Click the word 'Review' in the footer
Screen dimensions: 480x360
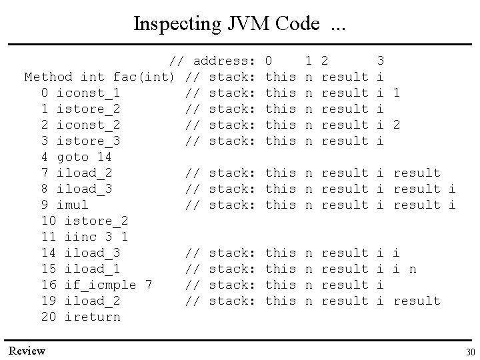[27, 351]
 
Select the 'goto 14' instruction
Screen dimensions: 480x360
[88, 157]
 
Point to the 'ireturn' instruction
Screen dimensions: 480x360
[92, 317]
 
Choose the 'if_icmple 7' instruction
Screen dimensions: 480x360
[108, 285]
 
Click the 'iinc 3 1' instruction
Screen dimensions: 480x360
[96, 237]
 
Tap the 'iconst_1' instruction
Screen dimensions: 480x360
[88, 93]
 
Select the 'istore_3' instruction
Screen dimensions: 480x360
[88, 141]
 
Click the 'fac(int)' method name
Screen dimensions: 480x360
[144, 77]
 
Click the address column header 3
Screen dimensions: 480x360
[381, 61]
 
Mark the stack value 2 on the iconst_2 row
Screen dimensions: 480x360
[397, 125]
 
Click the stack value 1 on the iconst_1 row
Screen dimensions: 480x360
[397, 93]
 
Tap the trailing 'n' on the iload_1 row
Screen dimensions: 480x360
[413, 269]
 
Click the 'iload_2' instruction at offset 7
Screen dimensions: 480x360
[88, 173]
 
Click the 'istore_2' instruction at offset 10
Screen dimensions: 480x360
[96, 221]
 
